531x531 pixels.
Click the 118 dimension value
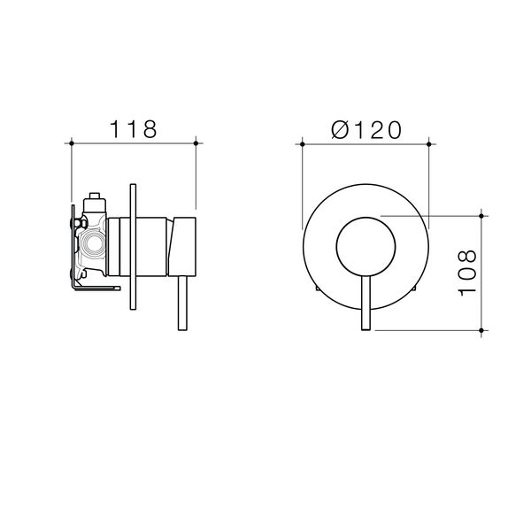point(133,128)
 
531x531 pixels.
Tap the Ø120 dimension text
point(366,128)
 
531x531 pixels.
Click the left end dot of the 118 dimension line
point(70,142)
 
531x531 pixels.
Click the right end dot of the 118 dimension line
point(196,142)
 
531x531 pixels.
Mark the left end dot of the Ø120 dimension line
point(303,142)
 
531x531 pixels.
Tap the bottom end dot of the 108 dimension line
point(481,329)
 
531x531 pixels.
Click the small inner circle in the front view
point(366,246)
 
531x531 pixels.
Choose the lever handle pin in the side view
point(183,306)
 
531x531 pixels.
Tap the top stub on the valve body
point(93,201)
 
